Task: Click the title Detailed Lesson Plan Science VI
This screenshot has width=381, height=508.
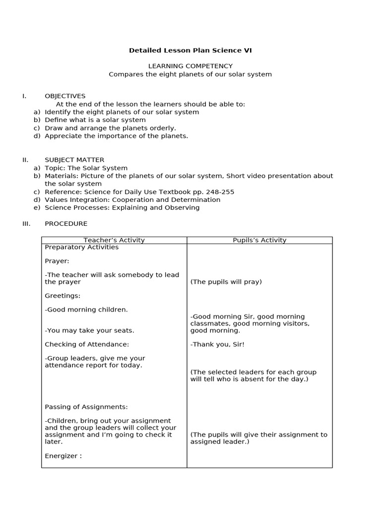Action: click(x=190, y=50)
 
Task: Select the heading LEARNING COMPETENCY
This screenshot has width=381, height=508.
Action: click(x=190, y=66)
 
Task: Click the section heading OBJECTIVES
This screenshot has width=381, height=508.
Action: click(x=65, y=96)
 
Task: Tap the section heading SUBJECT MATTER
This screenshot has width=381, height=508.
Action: click(x=74, y=160)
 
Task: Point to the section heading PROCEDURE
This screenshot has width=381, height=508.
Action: click(x=66, y=224)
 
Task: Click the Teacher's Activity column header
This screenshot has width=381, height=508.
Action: click(x=114, y=240)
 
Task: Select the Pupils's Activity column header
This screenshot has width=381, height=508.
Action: click(x=259, y=240)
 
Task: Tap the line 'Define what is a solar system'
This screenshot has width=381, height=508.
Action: click(x=95, y=120)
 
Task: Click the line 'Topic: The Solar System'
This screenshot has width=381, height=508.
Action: click(x=86, y=168)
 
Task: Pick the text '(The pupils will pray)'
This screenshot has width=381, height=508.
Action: click(x=226, y=282)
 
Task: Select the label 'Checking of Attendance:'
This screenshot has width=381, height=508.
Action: click(x=87, y=344)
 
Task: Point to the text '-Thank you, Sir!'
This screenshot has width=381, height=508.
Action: click(x=217, y=344)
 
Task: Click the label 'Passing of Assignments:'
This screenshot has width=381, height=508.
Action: click(x=86, y=407)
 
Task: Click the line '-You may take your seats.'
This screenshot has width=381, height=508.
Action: click(x=89, y=330)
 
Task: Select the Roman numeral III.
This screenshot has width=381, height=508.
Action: click(x=26, y=224)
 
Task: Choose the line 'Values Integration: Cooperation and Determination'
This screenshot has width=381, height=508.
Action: click(x=132, y=200)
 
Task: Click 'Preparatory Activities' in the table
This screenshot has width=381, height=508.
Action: click(x=82, y=247)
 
